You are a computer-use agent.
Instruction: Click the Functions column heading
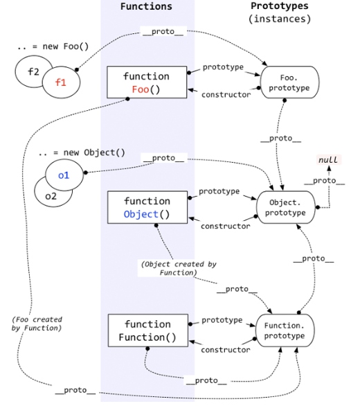click(x=146, y=6)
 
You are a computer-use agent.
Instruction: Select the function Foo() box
click(x=146, y=82)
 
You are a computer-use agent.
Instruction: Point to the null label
click(x=328, y=160)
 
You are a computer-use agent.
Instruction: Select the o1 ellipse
click(x=64, y=175)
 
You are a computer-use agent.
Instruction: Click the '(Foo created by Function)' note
click(x=37, y=324)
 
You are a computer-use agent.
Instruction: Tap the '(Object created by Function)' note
click(x=170, y=268)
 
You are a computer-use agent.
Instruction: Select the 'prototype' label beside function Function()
click(x=222, y=320)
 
